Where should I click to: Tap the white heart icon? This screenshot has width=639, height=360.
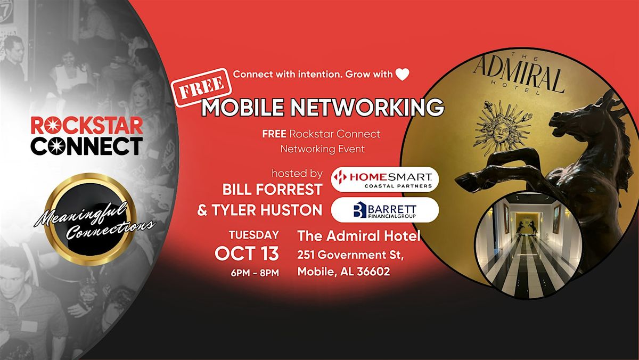402,75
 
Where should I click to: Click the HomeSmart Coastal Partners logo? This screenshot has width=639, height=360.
385,179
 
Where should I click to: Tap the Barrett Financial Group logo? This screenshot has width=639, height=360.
385,210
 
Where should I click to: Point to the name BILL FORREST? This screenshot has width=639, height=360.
273,190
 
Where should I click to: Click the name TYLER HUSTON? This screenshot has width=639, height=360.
267,210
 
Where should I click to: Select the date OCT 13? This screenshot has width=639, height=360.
247,253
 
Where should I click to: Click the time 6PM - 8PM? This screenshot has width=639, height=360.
255,273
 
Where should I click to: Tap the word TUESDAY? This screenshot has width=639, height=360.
254,235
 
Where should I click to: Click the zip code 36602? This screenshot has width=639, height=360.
373,271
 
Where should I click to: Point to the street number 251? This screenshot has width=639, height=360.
306,255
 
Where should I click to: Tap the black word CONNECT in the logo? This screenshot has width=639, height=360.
87,146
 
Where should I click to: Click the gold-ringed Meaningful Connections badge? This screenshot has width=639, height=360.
90,219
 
